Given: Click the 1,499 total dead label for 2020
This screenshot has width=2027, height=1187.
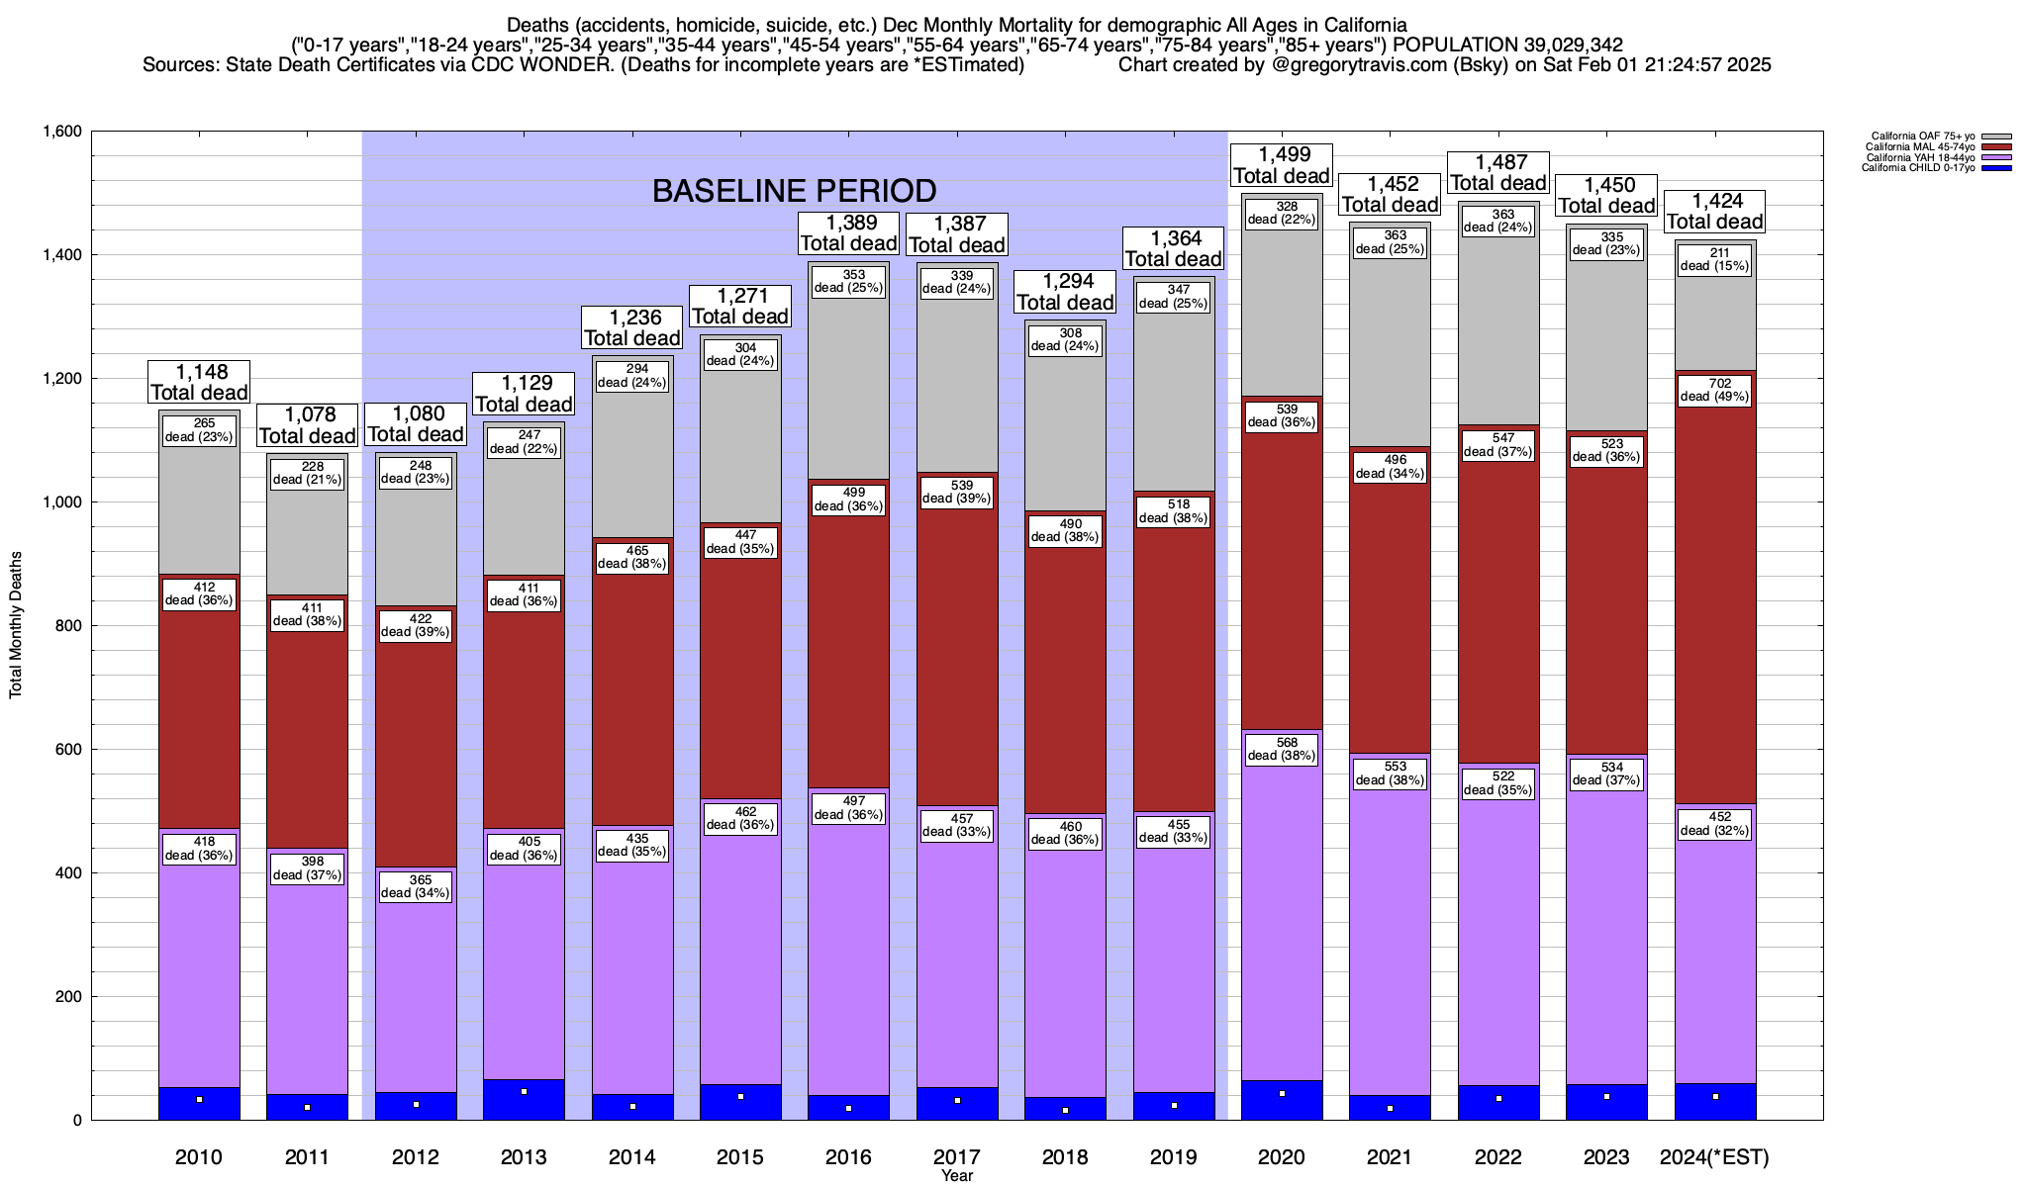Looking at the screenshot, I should [1282, 165].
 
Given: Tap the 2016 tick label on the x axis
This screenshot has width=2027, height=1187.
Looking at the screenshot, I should [848, 1156].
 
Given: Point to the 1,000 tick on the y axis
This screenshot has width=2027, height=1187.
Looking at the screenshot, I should [61, 502].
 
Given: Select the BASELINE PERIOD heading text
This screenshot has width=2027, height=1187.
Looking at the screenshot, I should [794, 190].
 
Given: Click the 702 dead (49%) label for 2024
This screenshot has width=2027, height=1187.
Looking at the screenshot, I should [1715, 390].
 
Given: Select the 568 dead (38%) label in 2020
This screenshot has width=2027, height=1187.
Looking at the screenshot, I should [1282, 749].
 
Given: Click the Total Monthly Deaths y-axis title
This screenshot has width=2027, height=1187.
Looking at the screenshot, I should [16, 625].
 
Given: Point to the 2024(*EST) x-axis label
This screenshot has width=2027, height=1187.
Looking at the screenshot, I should [1715, 1156].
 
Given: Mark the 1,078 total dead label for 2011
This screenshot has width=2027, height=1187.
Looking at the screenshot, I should [307, 425].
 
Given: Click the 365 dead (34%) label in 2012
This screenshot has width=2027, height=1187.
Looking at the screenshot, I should [416, 886].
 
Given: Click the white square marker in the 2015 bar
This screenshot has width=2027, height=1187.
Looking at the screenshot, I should [740, 1096].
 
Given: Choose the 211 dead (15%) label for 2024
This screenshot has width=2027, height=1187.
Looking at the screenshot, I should [1715, 259].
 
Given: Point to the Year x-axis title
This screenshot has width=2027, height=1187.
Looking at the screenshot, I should [957, 1176].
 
